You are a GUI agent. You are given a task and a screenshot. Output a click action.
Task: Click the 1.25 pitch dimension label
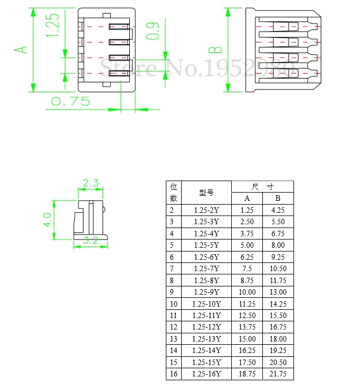[x=53, y=26]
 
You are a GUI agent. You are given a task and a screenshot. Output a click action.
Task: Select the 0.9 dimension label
[x=154, y=31]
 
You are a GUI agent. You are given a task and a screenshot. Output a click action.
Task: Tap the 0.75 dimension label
[x=70, y=101]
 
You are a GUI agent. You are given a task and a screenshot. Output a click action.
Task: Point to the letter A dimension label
[x=21, y=50]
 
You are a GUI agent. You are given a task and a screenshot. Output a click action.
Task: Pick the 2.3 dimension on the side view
[x=91, y=183]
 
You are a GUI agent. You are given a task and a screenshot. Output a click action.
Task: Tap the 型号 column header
[x=206, y=193]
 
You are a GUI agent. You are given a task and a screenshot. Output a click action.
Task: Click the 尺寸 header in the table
[x=262, y=187]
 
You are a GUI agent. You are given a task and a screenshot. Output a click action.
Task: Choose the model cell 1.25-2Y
[x=206, y=210]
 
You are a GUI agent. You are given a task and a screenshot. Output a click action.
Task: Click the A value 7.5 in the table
[x=247, y=268]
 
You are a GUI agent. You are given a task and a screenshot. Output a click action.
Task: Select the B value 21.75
[x=278, y=374]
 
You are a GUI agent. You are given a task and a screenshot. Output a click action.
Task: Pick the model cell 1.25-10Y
[x=206, y=304]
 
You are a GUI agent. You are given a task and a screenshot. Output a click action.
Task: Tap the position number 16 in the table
[x=173, y=374]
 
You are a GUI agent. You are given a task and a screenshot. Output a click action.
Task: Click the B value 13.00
[x=278, y=292]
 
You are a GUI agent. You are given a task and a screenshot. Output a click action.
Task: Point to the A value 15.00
[x=247, y=339]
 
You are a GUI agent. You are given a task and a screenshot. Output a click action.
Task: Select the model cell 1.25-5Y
[x=206, y=245]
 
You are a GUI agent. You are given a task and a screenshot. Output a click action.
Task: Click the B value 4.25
[x=278, y=210]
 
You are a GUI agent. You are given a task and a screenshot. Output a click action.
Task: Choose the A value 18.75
[x=247, y=374]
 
